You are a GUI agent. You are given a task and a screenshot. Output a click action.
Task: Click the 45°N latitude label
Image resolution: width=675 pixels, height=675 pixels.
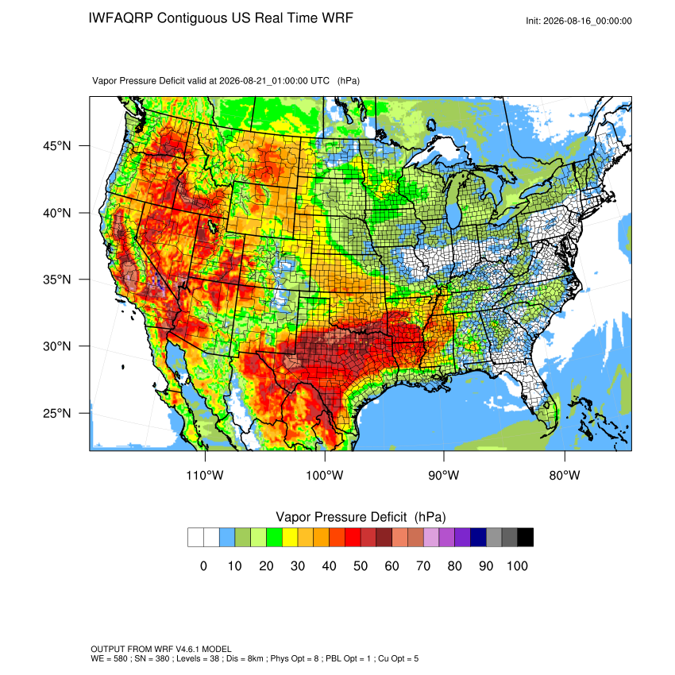click(57, 146)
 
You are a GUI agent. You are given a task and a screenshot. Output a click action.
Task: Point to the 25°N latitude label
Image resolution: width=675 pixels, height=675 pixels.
click(57, 413)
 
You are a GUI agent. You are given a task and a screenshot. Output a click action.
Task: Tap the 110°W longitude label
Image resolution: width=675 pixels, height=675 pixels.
click(205, 475)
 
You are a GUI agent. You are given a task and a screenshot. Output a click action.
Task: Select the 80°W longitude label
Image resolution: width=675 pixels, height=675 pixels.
click(565, 475)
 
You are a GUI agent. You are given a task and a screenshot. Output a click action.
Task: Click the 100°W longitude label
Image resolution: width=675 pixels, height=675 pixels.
click(325, 475)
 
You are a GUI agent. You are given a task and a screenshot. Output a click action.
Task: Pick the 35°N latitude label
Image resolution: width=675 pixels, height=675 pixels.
click(57, 280)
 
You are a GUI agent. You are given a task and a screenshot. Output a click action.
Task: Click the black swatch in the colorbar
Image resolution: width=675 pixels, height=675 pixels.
click(526, 538)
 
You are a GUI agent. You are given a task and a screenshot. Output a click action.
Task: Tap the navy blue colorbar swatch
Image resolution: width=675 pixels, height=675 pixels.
click(478, 538)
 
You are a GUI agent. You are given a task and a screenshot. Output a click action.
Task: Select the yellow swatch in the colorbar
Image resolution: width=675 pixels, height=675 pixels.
click(290, 538)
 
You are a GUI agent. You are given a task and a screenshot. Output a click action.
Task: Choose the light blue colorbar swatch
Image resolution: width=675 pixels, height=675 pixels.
click(227, 538)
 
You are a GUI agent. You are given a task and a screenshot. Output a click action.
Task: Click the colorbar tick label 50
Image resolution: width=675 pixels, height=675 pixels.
click(361, 566)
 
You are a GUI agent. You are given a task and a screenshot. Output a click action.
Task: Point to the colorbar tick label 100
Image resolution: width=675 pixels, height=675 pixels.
click(517, 566)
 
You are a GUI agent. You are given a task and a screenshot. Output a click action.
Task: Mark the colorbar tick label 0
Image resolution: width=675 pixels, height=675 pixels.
click(203, 566)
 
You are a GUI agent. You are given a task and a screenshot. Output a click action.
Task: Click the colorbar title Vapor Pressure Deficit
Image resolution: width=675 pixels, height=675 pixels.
click(341, 517)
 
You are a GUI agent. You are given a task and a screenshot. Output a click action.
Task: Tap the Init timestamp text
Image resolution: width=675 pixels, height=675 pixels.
click(579, 21)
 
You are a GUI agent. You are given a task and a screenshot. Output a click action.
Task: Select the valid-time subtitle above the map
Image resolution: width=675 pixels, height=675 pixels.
click(226, 81)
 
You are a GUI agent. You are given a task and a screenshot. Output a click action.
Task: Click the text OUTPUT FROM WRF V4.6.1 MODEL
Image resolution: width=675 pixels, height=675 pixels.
click(161, 649)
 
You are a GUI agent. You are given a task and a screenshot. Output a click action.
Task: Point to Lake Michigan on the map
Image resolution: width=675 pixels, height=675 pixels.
click(453, 202)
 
